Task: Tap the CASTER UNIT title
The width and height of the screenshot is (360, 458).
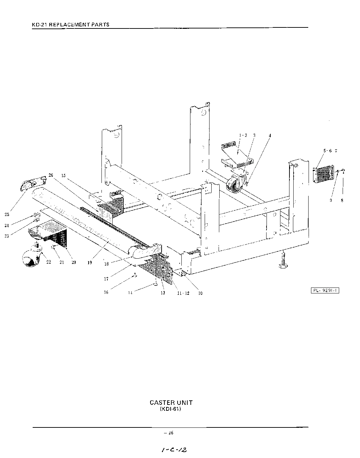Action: pyautogui.click(x=171, y=403)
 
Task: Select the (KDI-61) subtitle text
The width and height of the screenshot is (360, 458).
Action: pyautogui.click(x=171, y=409)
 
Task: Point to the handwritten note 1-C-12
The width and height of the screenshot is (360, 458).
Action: pyautogui.click(x=174, y=450)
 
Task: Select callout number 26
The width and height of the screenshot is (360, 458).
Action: pyautogui.click(x=51, y=175)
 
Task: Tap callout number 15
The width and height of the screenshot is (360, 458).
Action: pyautogui.click(x=63, y=175)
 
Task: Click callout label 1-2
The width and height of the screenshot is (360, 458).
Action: pyautogui.click(x=243, y=135)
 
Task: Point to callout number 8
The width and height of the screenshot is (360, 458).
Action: pyautogui.click(x=342, y=200)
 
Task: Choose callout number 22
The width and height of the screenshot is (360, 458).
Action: pyautogui.click(x=49, y=262)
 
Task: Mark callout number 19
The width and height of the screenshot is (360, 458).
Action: pyautogui.click(x=90, y=263)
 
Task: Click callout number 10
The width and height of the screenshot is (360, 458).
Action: pyautogui.click(x=200, y=293)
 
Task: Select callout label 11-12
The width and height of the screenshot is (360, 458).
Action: pyautogui.click(x=182, y=293)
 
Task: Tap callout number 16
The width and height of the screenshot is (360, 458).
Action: pyautogui.click(x=106, y=292)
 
